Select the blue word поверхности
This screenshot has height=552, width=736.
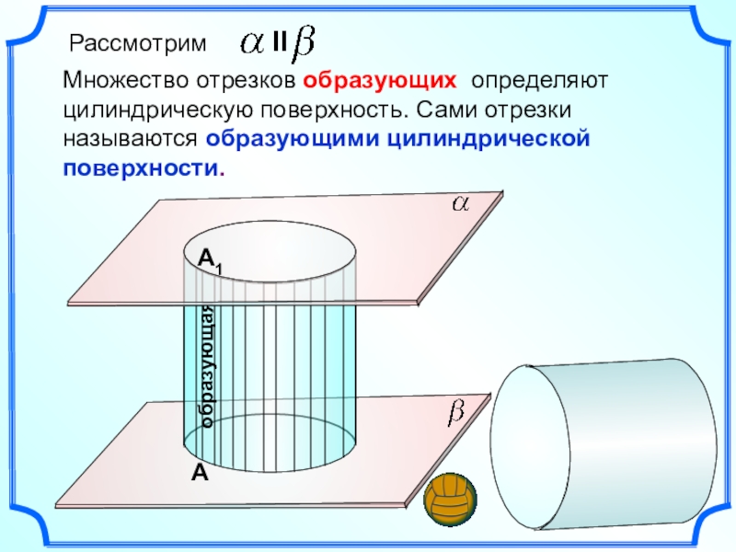click(x=142, y=169)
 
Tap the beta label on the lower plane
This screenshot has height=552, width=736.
click(x=455, y=415)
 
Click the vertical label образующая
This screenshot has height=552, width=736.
click(x=208, y=364)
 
